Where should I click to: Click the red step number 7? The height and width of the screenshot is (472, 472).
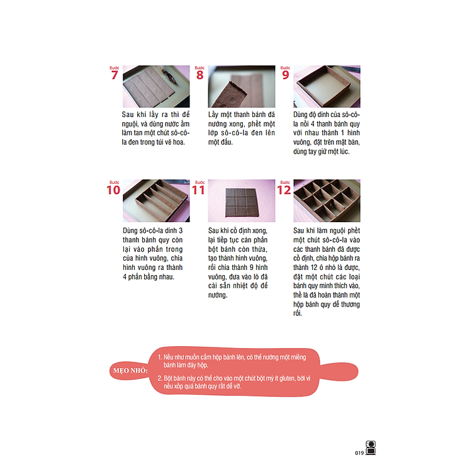coord(115,76)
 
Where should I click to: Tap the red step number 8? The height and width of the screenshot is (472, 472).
coord(200,76)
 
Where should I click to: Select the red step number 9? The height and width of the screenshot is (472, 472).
coord(285,76)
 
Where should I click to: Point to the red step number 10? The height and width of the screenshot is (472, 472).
coord(113,190)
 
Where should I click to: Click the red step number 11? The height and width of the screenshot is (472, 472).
coord(198,190)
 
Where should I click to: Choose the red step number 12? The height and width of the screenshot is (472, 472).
coord(284,190)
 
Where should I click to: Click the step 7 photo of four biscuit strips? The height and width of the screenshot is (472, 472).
coord(156,86)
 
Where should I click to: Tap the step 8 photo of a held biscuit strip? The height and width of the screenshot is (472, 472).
coord(242,86)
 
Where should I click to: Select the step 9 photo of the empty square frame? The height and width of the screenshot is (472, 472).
coord(327,86)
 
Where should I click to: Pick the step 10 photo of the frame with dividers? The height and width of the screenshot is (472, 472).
coord(156,201)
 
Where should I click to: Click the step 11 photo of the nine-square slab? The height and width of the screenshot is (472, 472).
coord(242,201)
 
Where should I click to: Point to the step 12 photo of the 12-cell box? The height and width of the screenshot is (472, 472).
coord(327,201)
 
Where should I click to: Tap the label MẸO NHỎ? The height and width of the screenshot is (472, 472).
coord(130,371)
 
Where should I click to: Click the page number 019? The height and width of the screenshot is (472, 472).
coord(359,453)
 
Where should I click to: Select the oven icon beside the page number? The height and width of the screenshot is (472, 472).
coord(371,447)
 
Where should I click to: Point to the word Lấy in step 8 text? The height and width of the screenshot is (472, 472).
coord(213,115)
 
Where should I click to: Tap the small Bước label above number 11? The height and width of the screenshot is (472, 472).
coord(200,183)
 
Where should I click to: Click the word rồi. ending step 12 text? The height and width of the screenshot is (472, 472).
coord(298,313)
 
